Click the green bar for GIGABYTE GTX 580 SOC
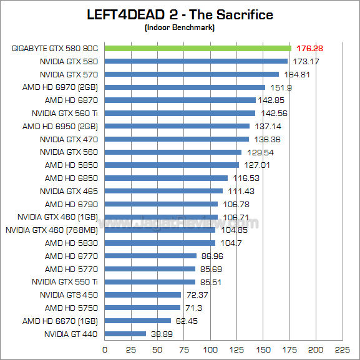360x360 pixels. point(197,48)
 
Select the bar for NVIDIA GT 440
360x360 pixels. point(125,334)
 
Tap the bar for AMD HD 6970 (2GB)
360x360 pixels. point(185,87)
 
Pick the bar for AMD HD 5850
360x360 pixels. point(172,165)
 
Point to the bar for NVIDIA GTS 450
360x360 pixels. point(142,294)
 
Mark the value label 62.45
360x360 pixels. point(185,321)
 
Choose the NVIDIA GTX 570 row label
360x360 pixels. point(69,74)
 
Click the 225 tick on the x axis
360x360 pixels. point(342,349)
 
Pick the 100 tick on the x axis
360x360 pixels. point(210,349)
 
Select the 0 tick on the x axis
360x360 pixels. point(105,349)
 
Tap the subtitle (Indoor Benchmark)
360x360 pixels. point(180,28)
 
